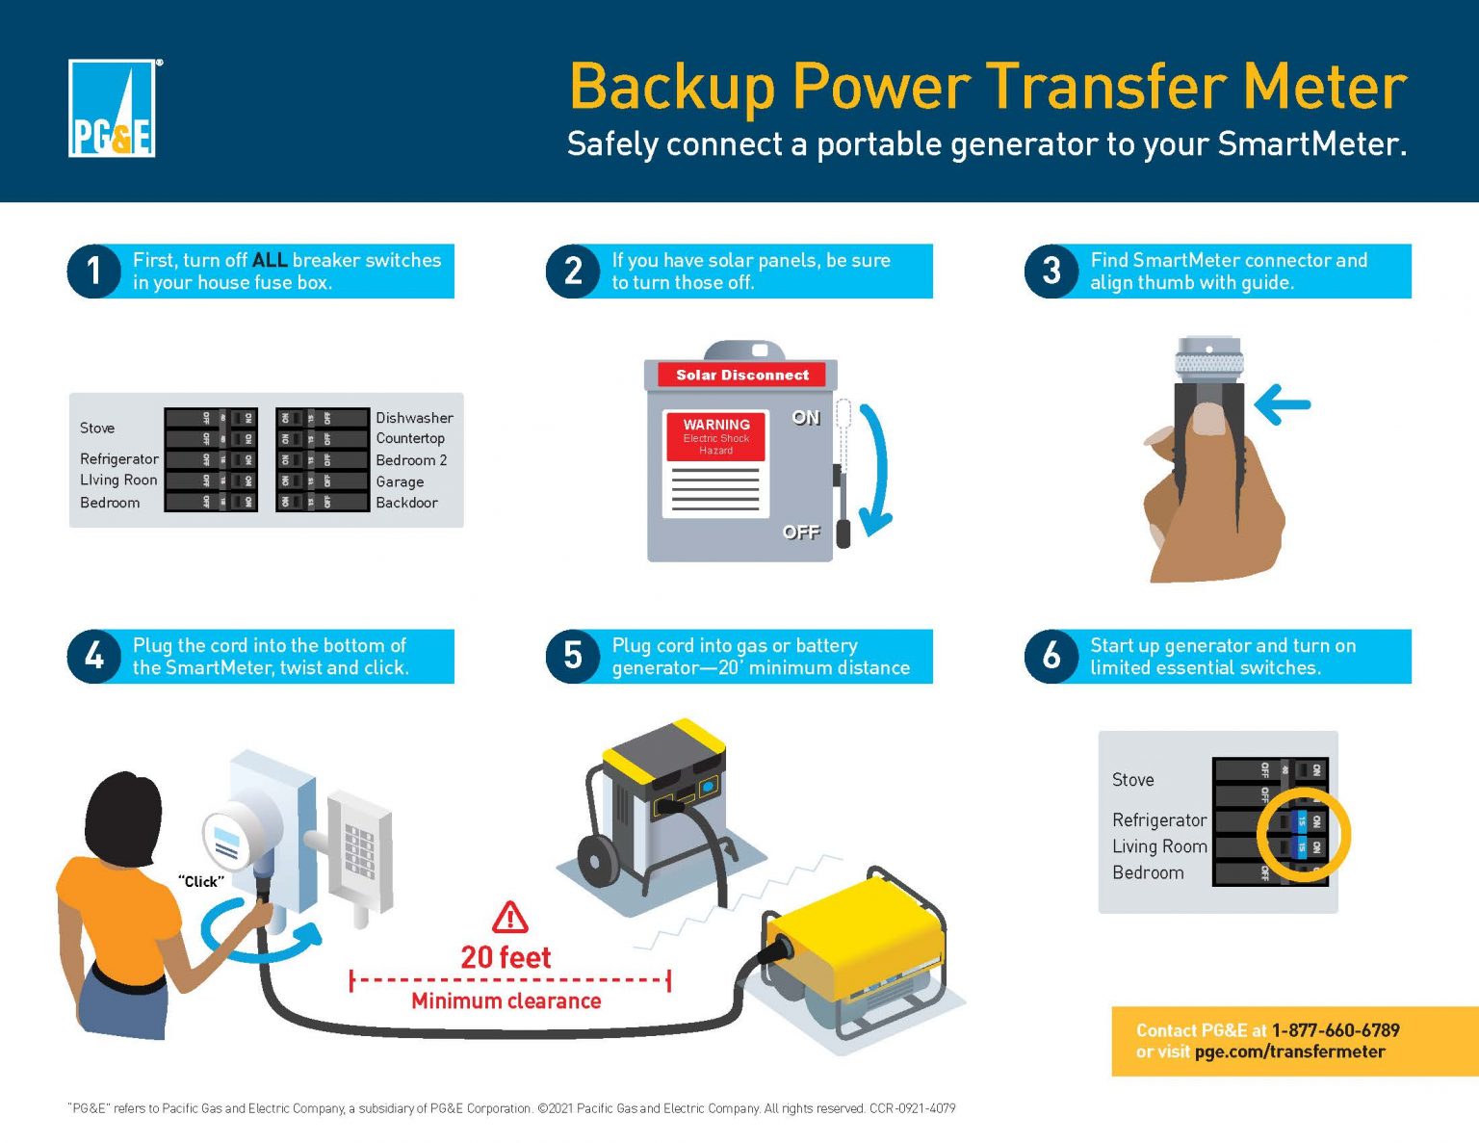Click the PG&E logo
click(113, 109)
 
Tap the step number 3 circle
click(1051, 272)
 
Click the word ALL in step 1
click(270, 260)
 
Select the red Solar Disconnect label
click(741, 375)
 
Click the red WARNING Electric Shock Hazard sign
click(715, 436)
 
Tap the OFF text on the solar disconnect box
click(800, 532)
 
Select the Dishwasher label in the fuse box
click(414, 418)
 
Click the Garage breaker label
click(400, 481)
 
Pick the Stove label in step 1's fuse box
click(97, 428)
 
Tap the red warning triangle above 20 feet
click(509, 918)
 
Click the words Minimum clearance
click(506, 1000)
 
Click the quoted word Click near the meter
click(201, 881)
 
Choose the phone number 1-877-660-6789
click(1335, 1030)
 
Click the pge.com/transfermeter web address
click(1289, 1052)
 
